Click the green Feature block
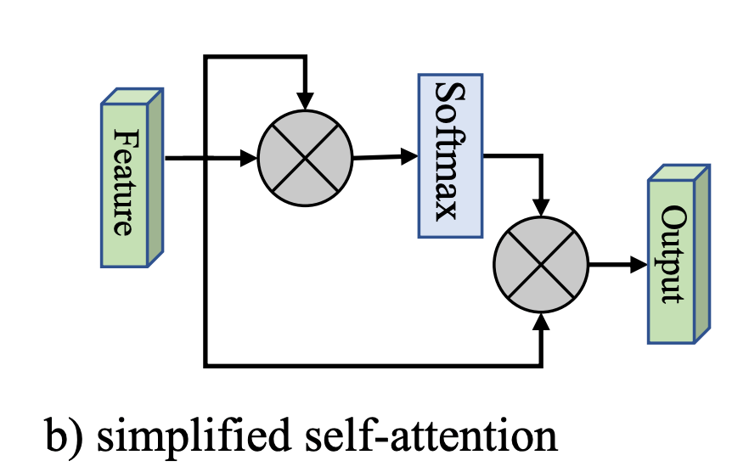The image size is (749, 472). (125, 182)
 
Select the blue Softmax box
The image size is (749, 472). (449, 155)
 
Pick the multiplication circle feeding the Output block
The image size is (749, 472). (541, 265)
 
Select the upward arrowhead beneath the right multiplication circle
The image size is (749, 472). (541, 320)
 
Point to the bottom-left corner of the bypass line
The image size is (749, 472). (205, 366)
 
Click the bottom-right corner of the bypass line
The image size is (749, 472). (541, 366)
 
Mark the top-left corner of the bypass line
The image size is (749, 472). (205, 58)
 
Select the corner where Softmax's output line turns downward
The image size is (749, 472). (541, 156)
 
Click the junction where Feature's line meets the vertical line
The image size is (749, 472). (205, 158)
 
